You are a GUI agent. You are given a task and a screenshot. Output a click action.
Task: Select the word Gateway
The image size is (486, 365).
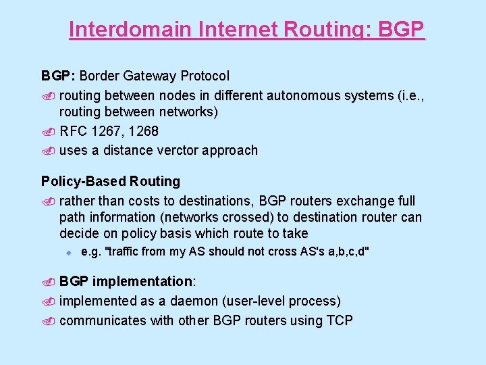click(x=155, y=76)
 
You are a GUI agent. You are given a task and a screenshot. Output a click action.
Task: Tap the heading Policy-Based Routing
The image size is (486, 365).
click(x=111, y=181)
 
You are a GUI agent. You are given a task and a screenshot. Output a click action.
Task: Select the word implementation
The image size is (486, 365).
click(x=142, y=281)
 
